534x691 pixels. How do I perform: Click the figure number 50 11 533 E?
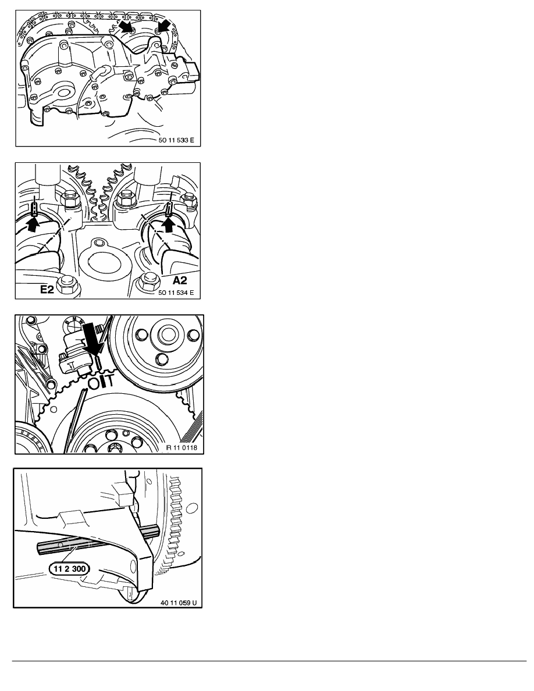click(x=176, y=140)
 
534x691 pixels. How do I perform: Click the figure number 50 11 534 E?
click(x=176, y=293)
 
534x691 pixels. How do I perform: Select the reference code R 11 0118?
click(x=181, y=448)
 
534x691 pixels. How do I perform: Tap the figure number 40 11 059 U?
click(x=179, y=603)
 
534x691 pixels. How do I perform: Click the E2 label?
click(x=48, y=289)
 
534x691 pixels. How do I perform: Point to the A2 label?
click(x=179, y=280)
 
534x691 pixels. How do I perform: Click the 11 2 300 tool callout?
click(x=70, y=568)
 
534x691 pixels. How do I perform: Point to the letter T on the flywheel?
click(x=110, y=381)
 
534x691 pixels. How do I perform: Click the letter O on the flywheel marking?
click(x=94, y=383)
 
